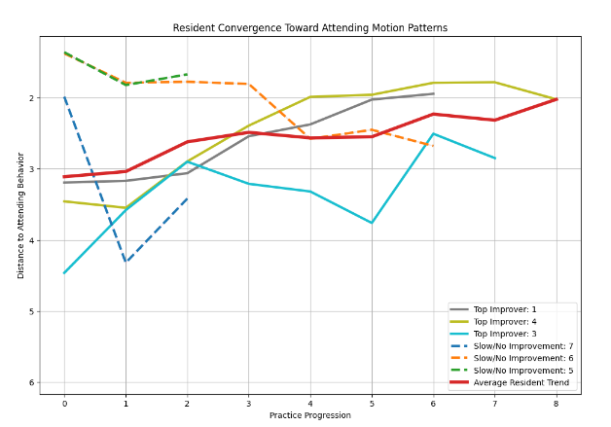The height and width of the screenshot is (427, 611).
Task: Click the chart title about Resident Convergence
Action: [x=309, y=28]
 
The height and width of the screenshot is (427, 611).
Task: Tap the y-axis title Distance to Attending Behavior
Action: [x=20, y=216]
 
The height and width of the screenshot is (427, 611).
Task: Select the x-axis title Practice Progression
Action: [x=310, y=415]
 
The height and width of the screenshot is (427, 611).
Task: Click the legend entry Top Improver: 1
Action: [x=505, y=309]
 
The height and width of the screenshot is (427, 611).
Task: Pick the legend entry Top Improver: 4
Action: [x=505, y=321]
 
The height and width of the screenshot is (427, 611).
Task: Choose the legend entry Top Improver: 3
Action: [x=505, y=334]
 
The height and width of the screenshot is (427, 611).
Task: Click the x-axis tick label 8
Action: [x=557, y=404]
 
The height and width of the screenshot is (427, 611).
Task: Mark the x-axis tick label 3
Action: [x=249, y=404]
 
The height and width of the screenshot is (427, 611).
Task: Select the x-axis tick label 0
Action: [x=64, y=404]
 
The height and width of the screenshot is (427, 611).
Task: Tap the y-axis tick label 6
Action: [x=31, y=382]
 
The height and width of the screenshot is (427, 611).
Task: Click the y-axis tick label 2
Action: [x=31, y=98]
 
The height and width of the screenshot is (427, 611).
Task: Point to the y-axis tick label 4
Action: [x=31, y=240]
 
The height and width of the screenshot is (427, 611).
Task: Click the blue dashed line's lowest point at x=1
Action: [x=126, y=262]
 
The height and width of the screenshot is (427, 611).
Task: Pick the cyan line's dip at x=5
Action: [x=372, y=223]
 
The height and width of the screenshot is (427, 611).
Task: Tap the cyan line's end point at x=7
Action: [x=495, y=159]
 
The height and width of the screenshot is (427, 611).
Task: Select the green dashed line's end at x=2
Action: [x=188, y=74]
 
